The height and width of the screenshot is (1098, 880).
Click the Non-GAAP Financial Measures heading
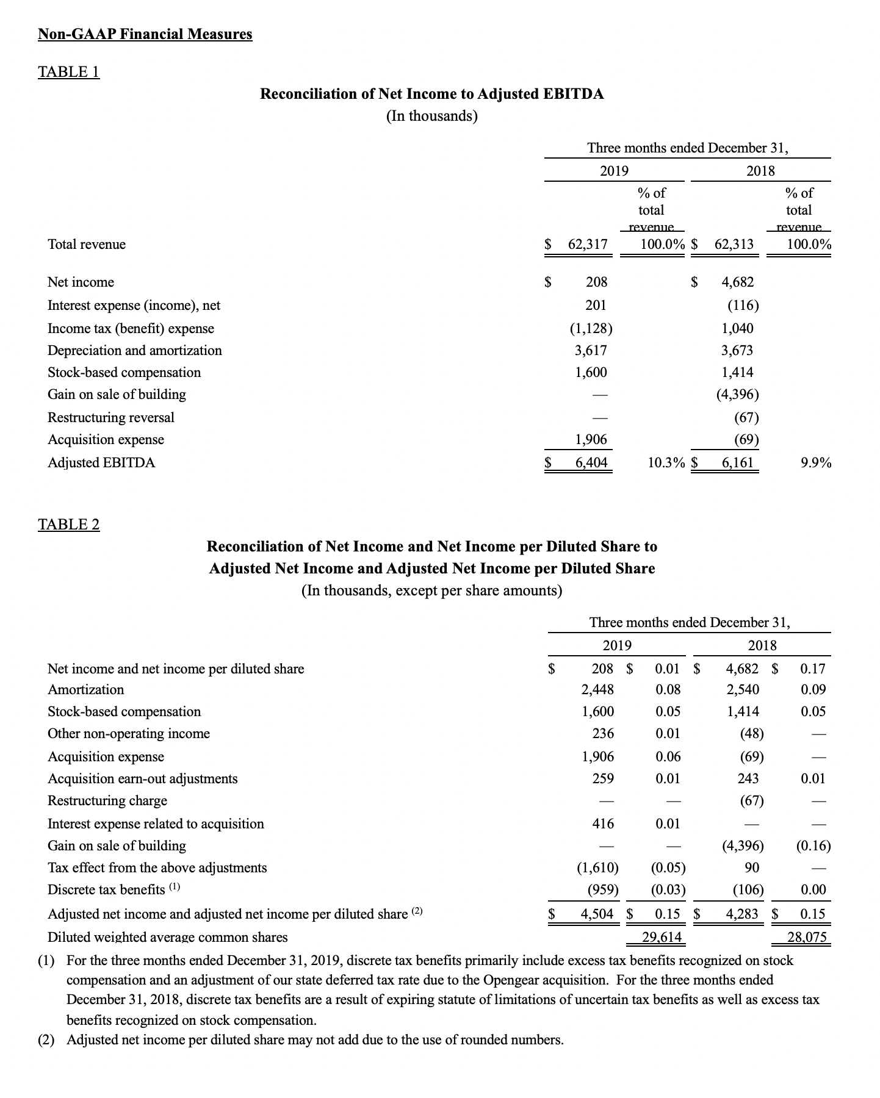(145, 34)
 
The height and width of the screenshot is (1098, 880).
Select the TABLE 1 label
(68, 72)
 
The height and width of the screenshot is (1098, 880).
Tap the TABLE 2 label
(68, 525)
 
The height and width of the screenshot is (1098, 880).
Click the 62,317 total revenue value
(588, 245)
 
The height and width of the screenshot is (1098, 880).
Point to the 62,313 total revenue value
(734, 245)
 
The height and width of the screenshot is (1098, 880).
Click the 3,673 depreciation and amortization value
(737, 351)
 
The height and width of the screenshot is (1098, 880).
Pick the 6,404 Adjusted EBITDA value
(591, 462)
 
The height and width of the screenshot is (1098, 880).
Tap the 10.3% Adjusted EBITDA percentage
(666, 462)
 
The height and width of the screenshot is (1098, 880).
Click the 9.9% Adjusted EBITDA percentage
(816, 462)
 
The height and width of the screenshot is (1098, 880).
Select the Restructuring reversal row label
(111, 418)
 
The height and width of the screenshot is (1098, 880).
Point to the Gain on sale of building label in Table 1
(117, 395)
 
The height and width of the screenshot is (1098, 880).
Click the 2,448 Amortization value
(597, 690)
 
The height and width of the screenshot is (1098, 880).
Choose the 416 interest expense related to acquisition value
(603, 824)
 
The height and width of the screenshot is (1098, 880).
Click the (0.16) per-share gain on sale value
(813, 846)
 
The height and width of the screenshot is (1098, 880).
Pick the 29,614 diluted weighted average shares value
(662, 937)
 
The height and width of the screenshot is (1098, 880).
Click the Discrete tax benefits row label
(106, 890)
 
